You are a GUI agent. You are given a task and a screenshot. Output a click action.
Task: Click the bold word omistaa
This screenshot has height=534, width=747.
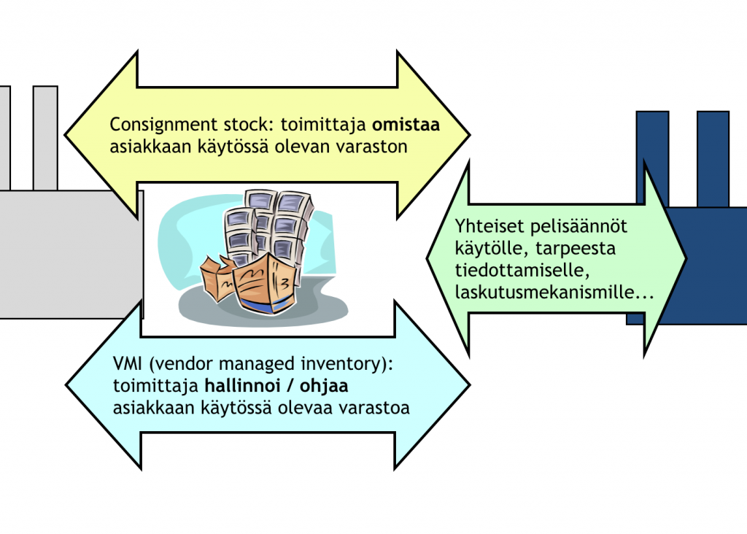[x=406, y=125]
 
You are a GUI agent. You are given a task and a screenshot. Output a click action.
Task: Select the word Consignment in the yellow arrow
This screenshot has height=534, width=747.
[x=163, y=125]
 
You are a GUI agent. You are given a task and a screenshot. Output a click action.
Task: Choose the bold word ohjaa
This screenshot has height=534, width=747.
[x=324, y=387]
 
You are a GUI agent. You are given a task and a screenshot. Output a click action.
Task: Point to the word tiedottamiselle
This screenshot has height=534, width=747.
[x=522, y=271]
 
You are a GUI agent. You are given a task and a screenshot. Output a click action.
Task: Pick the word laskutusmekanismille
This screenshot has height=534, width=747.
[x=554, y=293]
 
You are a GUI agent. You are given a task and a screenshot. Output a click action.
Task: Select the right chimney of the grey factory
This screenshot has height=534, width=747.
[x=45, y=138]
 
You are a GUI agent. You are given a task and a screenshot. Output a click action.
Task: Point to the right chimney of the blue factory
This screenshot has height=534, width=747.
[x=713, y=159]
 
